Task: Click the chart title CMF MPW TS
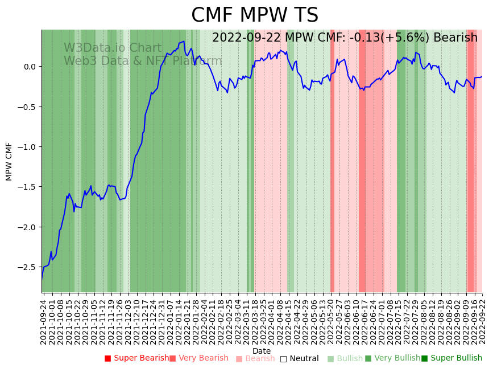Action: (x=254, y=15)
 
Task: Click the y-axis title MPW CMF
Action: (x=9, y=161)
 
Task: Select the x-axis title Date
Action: (x=262, y=351)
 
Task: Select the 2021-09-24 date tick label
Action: (x=43, y=319)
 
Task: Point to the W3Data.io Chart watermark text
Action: (x=113, y=48)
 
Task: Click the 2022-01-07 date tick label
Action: (x=170, y=319)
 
